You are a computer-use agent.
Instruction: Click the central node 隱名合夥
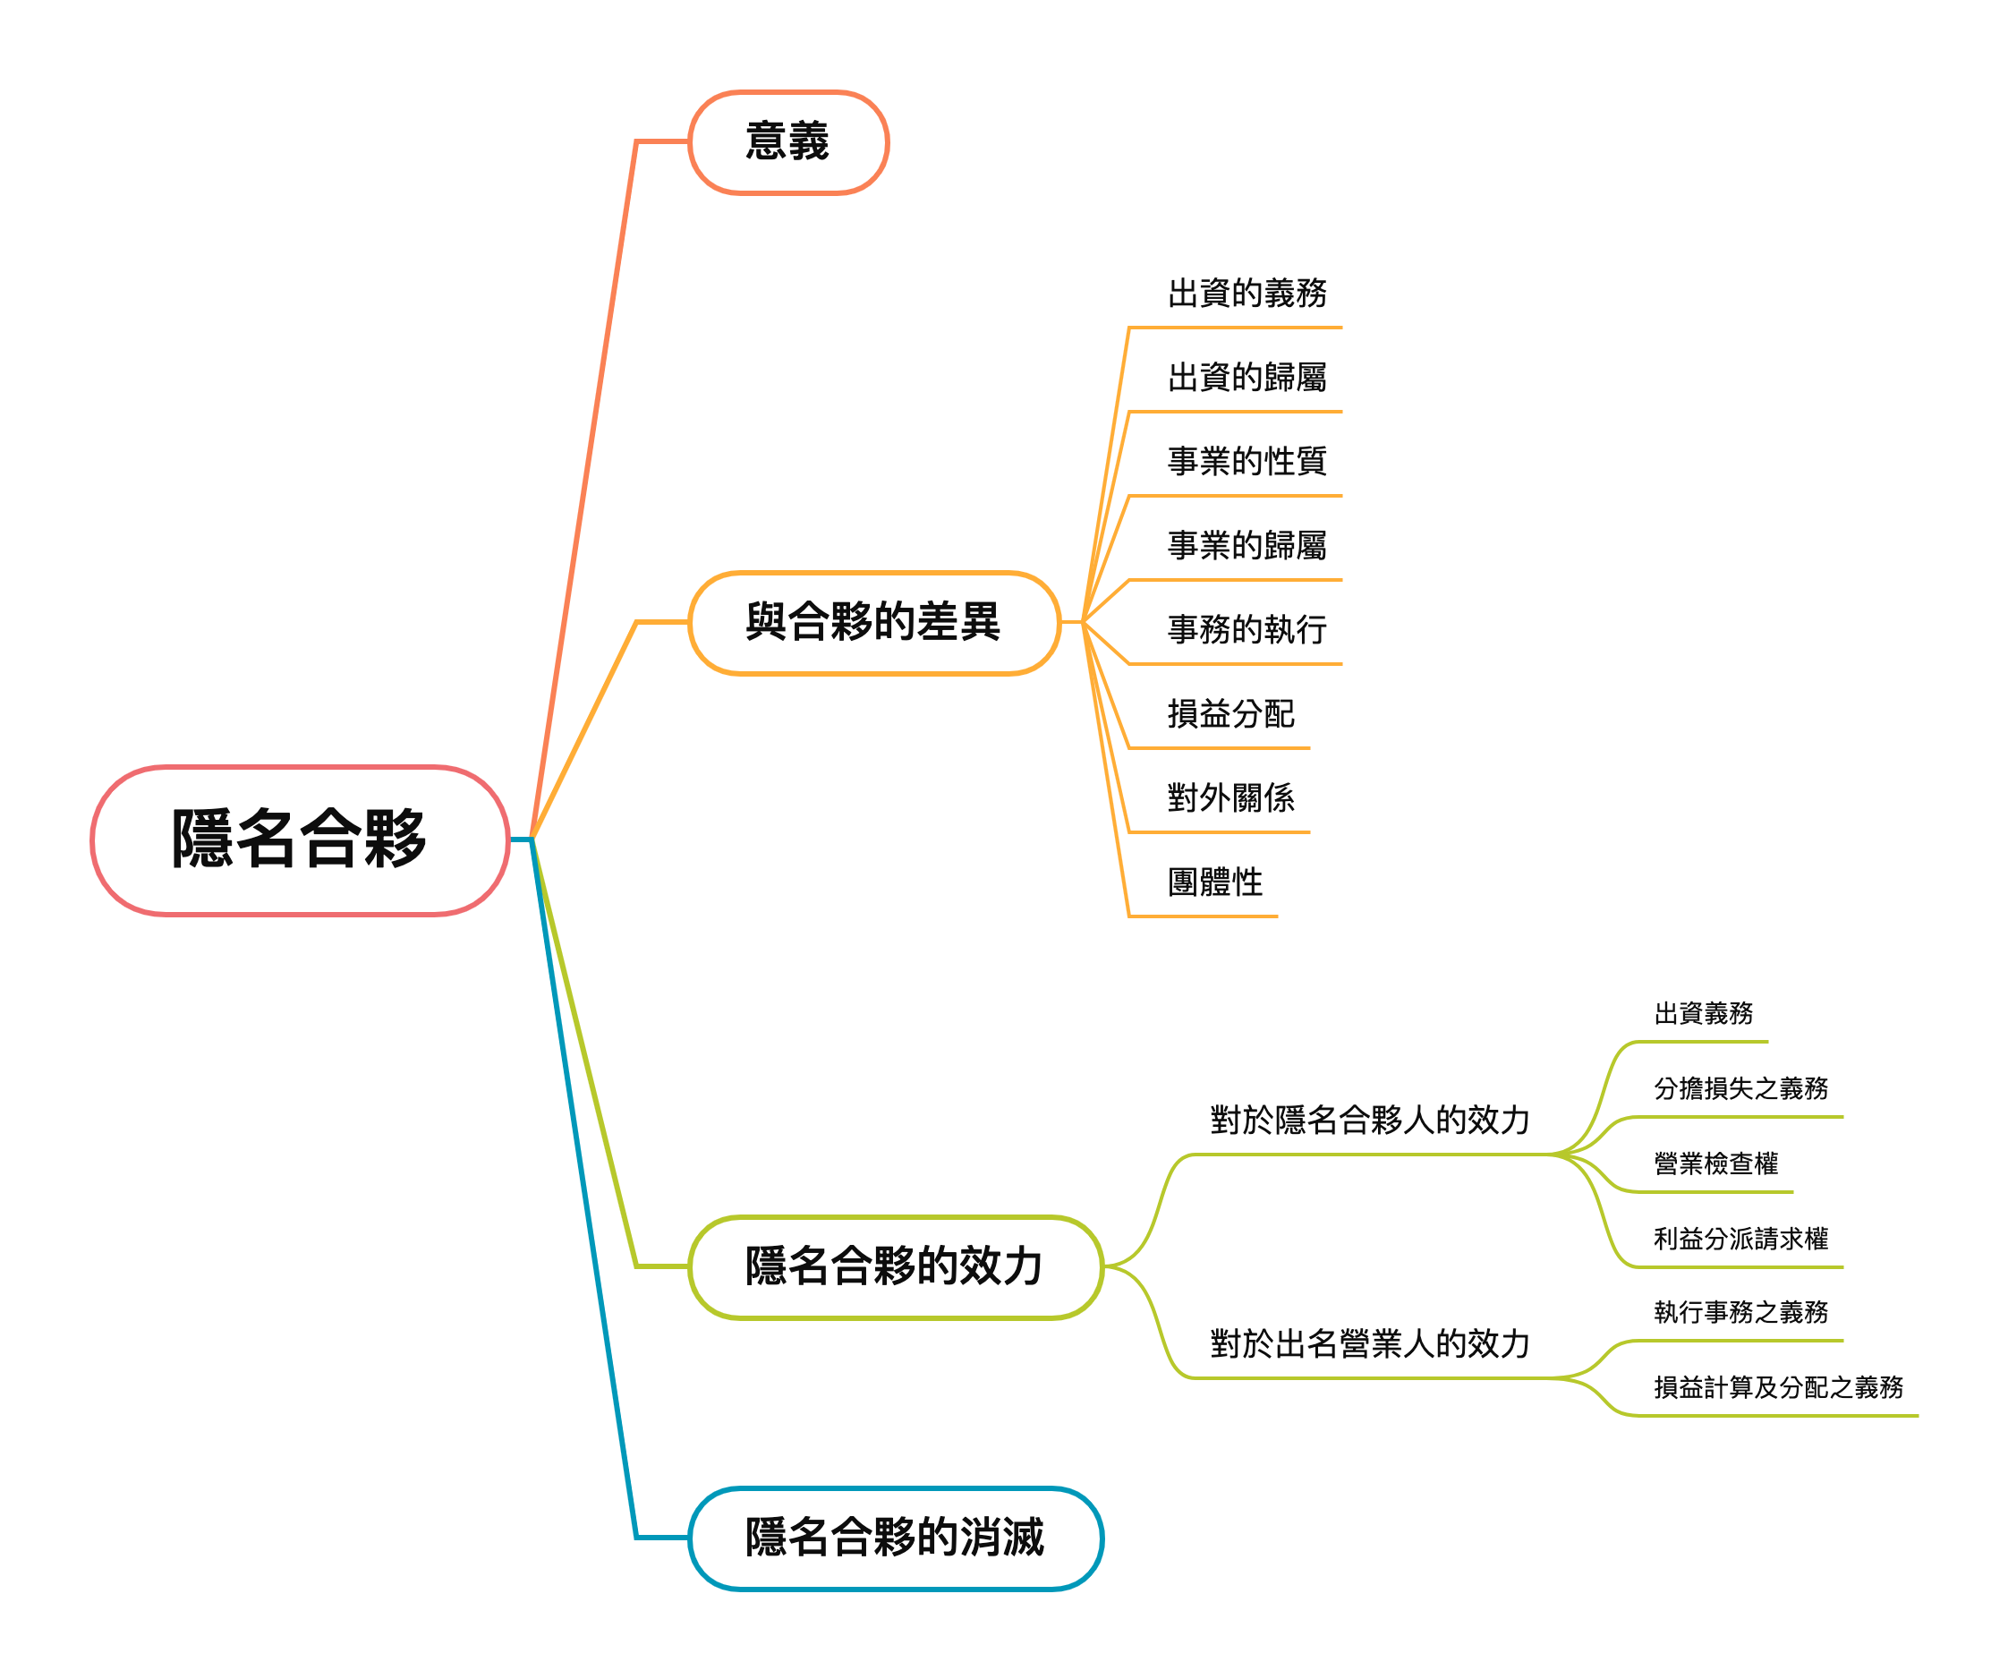click(x=299, y=839)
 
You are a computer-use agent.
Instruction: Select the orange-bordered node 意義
click(x=788, y=141)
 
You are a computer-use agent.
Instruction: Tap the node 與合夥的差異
click(x=873, y=622)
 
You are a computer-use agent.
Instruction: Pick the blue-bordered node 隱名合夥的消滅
click(x=895, y=1538)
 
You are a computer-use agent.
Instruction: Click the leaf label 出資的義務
click(x=1246, y=294)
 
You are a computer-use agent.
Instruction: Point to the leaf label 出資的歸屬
click(x=1246, y=378)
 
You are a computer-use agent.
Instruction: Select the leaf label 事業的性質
click(x=1246, y=462)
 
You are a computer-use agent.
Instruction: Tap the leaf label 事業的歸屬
click(x=1246, y=546)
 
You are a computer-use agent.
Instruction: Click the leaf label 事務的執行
click(x=1246, y=630)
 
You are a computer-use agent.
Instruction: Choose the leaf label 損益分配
click(x=1230, y=714)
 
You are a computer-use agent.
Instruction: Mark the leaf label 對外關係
click(x=1230, y=798)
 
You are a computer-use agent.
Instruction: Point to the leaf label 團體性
click(x=1214, y=882)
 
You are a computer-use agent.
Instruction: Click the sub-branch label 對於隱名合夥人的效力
click(x=1369, y=1121)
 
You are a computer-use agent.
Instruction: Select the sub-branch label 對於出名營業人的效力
click(x=1369, y=1344)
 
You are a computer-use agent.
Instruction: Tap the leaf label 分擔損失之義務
click(x=1740, y=1088)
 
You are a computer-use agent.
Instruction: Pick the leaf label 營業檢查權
click(x=1715, y=1163)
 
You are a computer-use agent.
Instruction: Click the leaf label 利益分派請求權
click(x=1740, y=1240)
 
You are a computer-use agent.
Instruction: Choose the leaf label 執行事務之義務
click(x=1740, y=1312)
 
